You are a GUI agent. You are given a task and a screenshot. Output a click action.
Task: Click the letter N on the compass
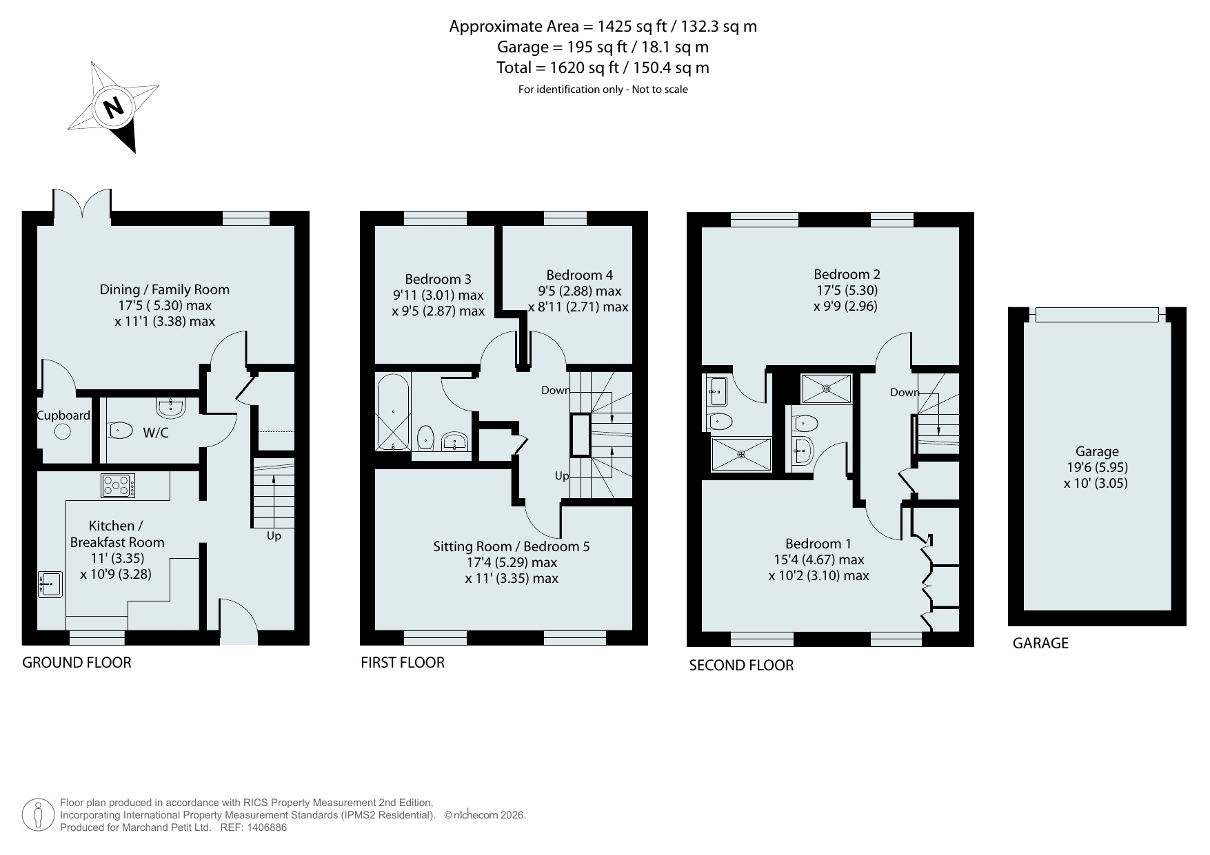coord(113,107)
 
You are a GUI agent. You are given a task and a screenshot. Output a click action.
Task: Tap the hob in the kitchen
coord(118,486)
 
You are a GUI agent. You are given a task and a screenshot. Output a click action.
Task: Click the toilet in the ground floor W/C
coord(121,431)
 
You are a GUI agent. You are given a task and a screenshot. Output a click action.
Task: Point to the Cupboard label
coord(63,415)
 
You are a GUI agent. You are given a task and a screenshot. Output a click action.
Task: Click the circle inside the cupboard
coord(63,432)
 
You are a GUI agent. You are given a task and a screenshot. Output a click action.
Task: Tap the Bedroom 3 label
coord(438,279)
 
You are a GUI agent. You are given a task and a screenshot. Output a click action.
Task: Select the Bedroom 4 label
coord(579,275)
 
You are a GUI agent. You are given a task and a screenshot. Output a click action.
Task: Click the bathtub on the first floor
coord(394,413)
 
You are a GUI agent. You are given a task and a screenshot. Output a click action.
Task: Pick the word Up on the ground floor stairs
coord(274,535)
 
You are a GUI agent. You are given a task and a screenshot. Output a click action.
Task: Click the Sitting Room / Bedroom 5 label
coord(512,546)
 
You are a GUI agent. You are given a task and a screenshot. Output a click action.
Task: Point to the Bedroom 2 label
coord(847,274)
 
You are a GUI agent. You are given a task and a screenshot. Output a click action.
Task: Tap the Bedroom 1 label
coord(819,544)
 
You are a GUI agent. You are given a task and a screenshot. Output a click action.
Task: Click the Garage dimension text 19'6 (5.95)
coord(1097,467)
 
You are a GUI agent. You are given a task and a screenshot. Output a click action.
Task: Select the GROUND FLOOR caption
coord(77,663)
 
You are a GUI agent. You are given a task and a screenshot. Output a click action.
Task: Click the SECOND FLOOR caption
coord(741,666)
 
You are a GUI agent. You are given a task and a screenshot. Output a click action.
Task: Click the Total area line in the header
coord(603,68)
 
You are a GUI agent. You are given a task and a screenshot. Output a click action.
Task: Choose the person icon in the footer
coord(38,816)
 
